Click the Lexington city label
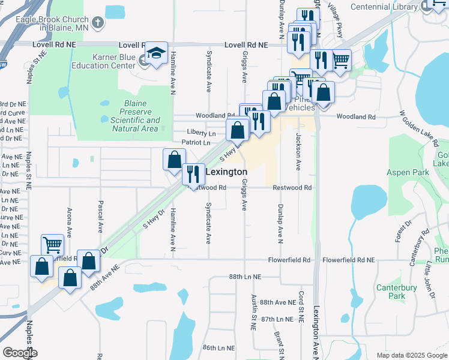[226, 172]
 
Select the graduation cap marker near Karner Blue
[157, 53]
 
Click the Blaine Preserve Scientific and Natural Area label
[135, 116]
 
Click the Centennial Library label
[384, 7]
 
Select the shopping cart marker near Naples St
[52, 245]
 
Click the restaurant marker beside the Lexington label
[193, 174]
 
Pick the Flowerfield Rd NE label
[348, 260]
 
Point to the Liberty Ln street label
[201, 132]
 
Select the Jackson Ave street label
[298, 152]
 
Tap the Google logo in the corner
[19, 353]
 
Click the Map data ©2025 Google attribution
[411, 355]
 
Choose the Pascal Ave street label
[100, 217]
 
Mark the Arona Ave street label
[70, 220]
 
